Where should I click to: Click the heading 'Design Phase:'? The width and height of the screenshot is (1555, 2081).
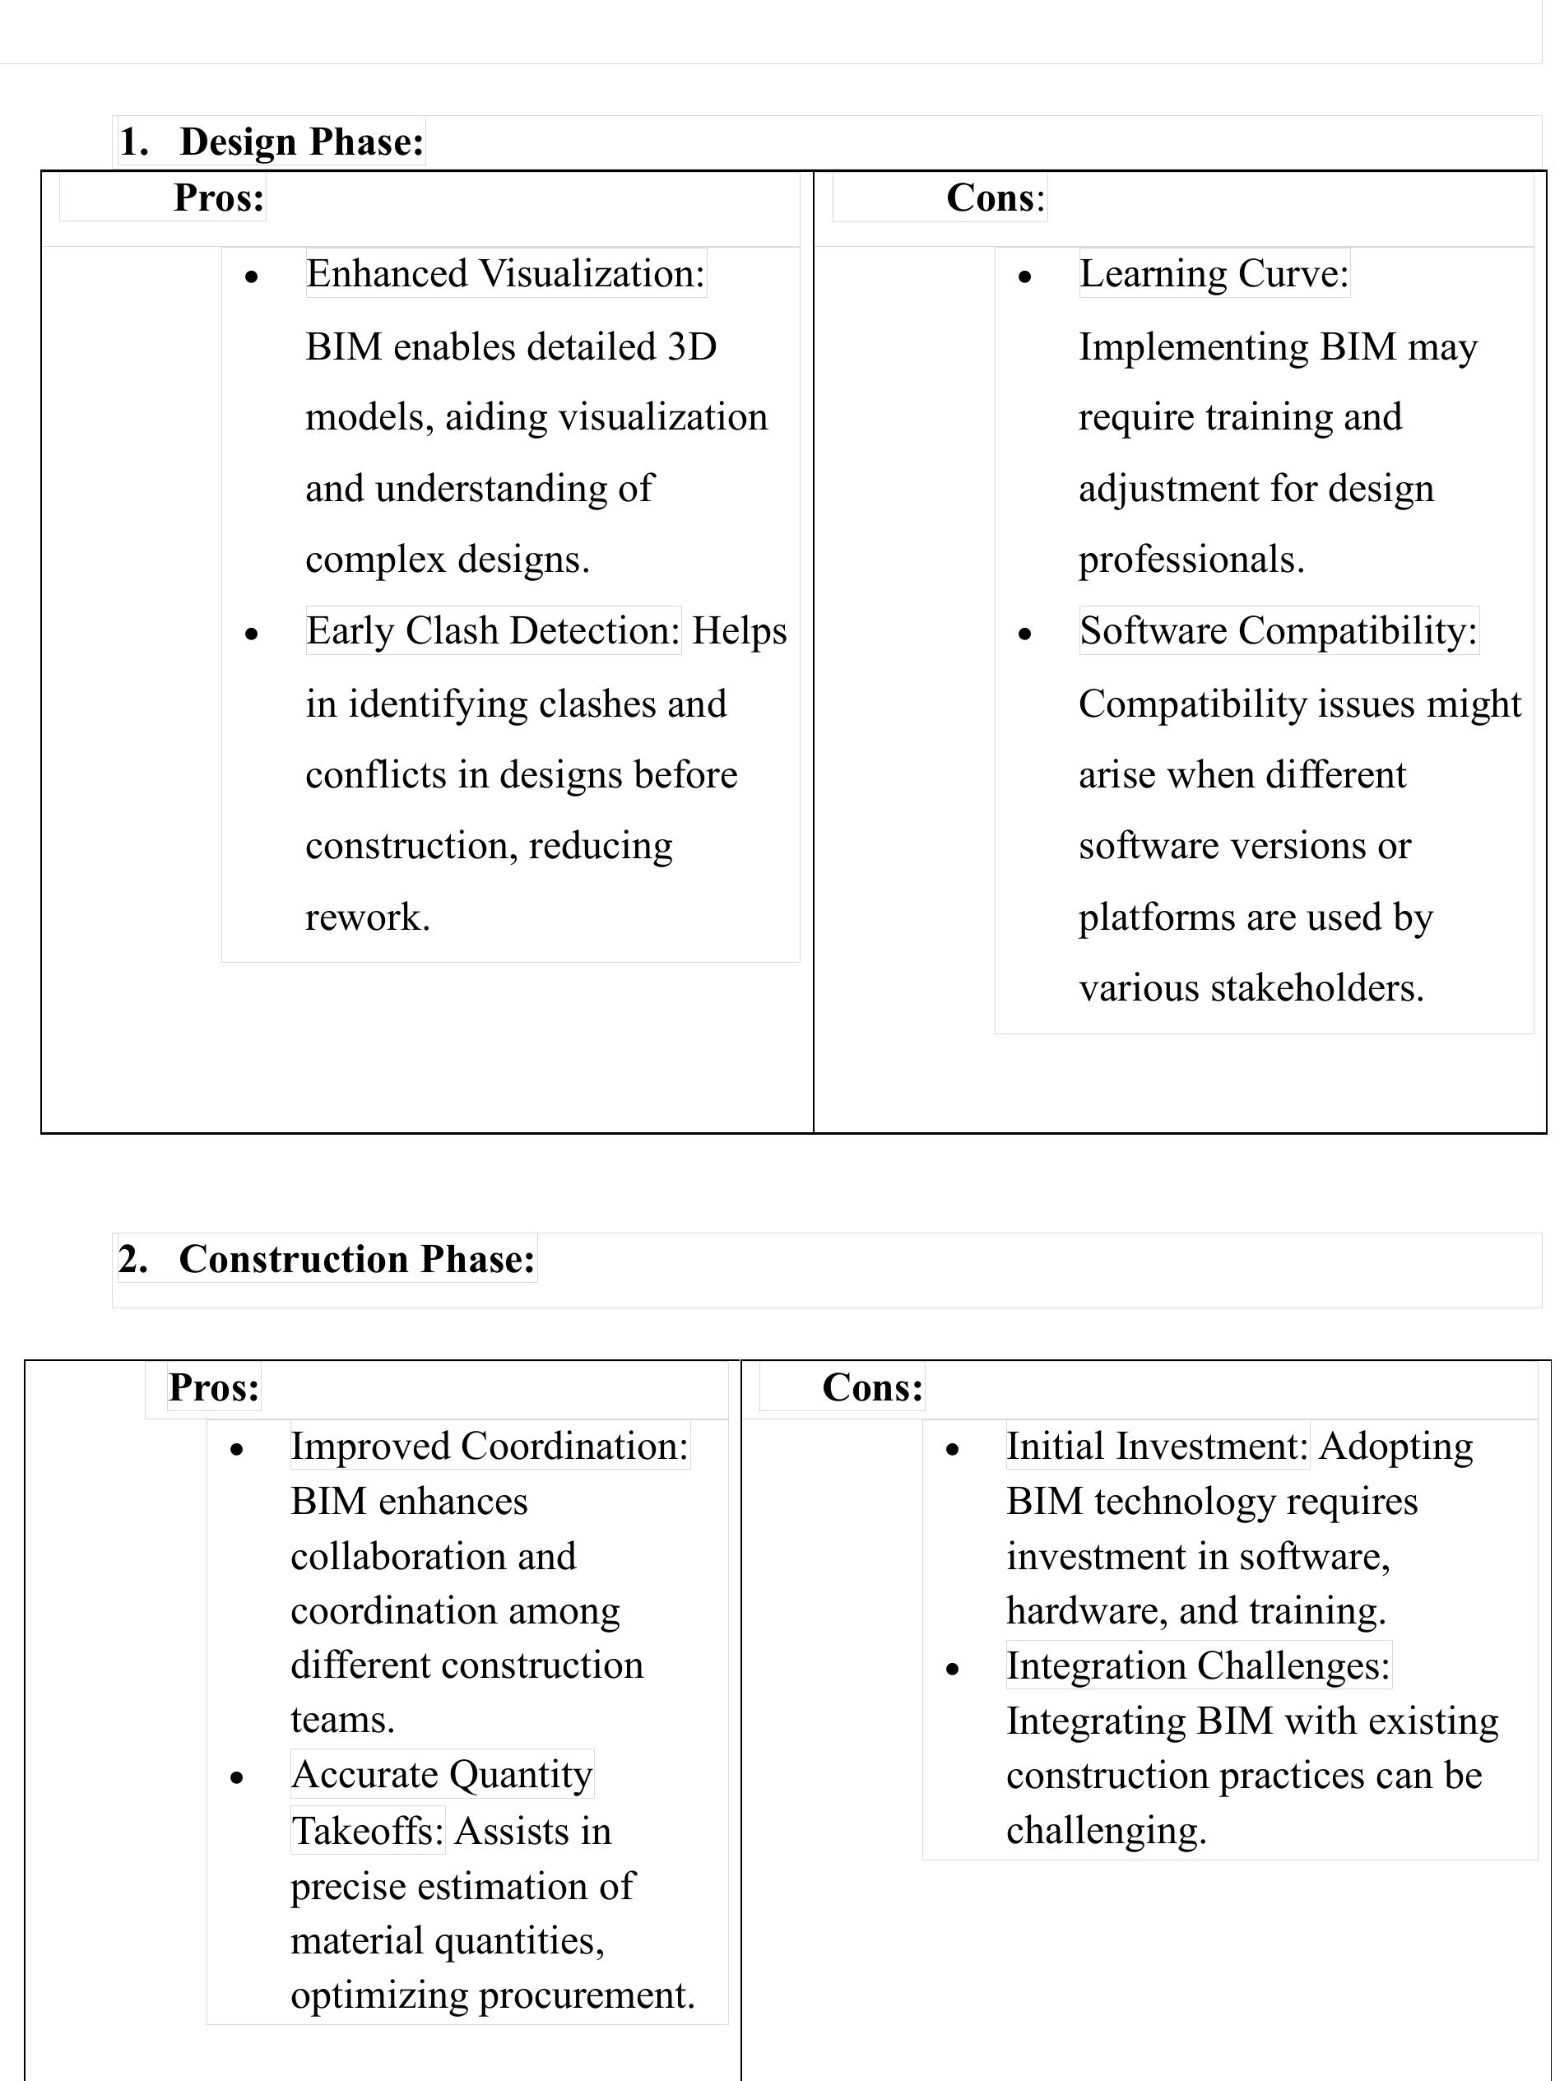[301, 142]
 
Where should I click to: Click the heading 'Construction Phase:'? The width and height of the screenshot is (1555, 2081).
[356, 1259]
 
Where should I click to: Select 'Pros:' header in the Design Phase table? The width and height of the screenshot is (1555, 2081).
[219, 197]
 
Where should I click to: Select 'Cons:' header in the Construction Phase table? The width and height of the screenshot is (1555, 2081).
[872, 1387]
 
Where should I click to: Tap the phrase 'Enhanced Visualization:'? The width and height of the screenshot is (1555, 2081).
[505, 274]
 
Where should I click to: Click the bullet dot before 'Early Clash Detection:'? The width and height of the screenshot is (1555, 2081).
[251, 634]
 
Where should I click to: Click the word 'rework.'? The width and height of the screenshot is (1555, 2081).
[368, 917]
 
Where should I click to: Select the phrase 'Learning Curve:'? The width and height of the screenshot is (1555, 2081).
[1214, 274]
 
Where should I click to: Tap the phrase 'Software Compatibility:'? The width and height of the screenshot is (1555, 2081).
[1278, 630]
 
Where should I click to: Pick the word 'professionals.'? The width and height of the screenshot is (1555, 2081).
[1191, 560]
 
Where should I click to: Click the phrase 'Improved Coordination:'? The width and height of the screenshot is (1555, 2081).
[490, 1446]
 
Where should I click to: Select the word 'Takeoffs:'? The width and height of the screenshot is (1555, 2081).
[367, 1831]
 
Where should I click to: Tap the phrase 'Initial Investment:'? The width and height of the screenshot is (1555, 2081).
[1156, 1446]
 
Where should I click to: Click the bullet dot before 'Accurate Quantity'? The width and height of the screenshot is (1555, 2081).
[237, 1777]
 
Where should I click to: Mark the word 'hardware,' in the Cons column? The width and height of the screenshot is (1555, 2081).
[1087, 1610]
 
